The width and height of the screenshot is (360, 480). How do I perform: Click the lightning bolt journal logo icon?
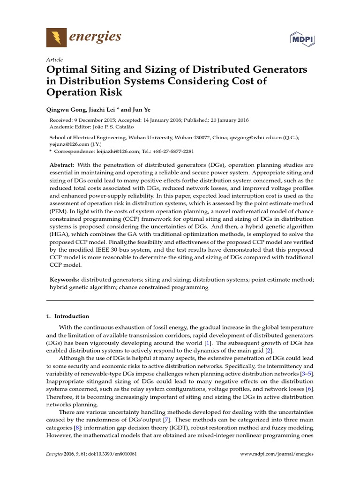[x=57, y=37]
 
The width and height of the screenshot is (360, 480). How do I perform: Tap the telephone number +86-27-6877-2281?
[x=172, y=151]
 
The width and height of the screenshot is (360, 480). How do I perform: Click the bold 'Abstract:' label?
[x=61, y=165]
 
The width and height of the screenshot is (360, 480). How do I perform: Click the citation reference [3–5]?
[x=307, y=373]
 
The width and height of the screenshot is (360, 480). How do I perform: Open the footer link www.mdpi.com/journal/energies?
[x=277, y=454]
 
